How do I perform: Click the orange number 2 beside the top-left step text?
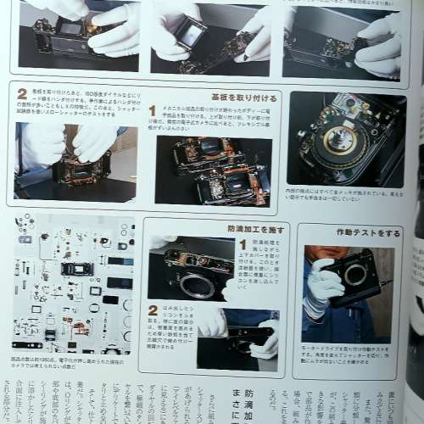[x=21, y=93]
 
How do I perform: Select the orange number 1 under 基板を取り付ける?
[x=153, y=110]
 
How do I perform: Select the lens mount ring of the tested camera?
[x=355, y=275]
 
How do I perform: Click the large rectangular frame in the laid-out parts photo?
[x=77, y=269]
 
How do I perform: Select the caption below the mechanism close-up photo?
[x=343, y=196]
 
